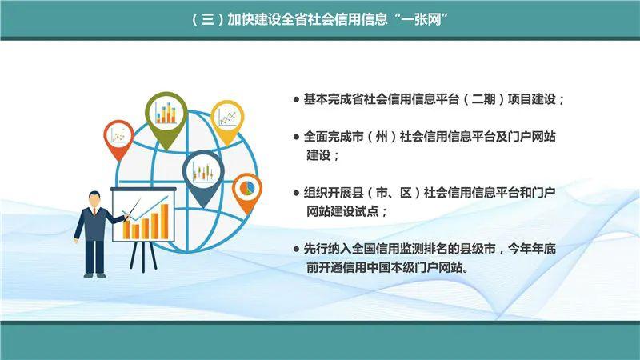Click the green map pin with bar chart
pyautogui.click(x=166, y=114)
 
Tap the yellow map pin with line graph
pyautogui.click(x=227, y=120)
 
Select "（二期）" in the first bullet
pyautogui.click(x=478, y=100)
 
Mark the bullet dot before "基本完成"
pyautogui.click(x=296, y=101)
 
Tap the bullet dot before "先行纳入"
pyautogui.click(x=296, y=251)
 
